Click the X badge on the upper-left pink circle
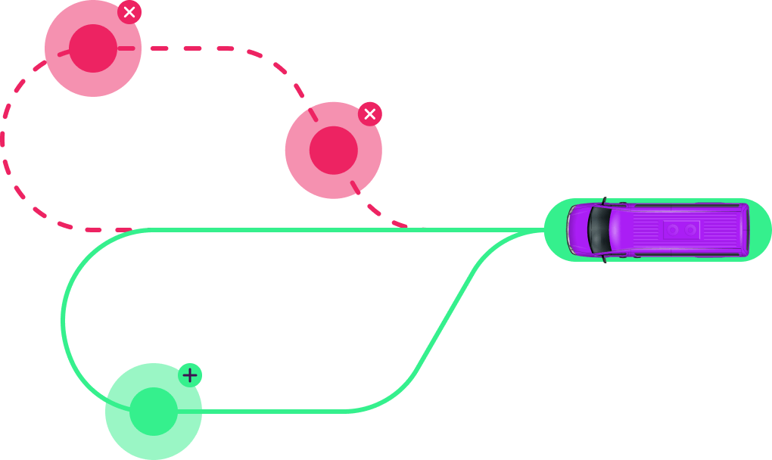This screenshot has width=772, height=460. point(129,12)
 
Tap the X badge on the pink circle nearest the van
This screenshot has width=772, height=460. point(370,114)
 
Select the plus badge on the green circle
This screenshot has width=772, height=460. point(190,375)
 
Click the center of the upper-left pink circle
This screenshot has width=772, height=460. point(93,48)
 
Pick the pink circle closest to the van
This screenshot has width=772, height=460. point(333,151)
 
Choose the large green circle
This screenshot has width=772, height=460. point(154,412)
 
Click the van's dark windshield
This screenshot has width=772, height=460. point(599,229)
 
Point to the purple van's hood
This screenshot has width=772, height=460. point(579,229)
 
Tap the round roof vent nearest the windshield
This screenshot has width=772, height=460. point(673,229)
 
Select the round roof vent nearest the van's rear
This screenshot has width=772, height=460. point(690,229)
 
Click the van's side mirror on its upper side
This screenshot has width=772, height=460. point(604,201)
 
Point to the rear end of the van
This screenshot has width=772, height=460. point(746,229)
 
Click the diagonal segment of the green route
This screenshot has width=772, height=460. point(447,318)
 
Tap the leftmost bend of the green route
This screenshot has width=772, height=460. point(63,322)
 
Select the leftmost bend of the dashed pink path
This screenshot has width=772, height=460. point(3,140)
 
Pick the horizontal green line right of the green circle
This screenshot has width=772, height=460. point(272,412)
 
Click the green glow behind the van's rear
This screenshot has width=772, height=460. point(761,229)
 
